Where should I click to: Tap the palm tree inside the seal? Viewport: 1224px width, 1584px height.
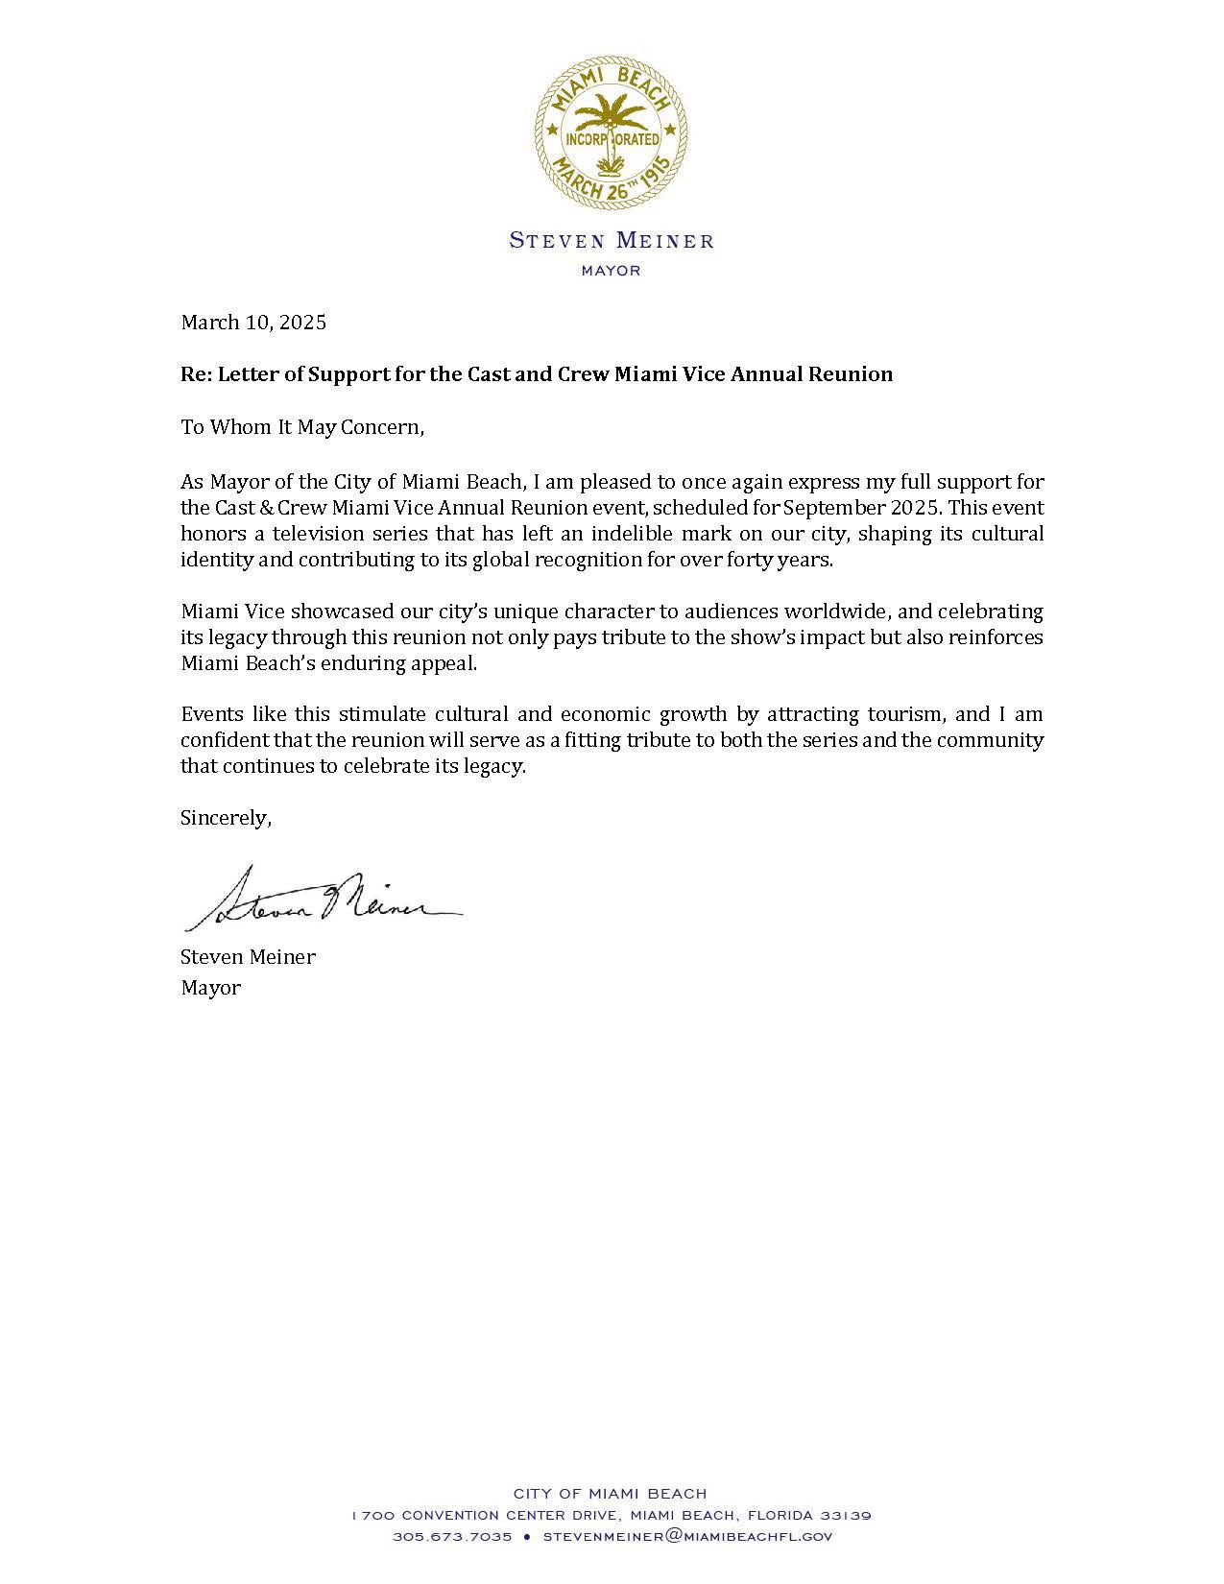coord(612,120)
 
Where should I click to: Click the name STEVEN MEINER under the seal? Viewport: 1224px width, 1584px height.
coord(612,241)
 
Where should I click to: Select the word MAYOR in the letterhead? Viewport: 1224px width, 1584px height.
coord(612,271)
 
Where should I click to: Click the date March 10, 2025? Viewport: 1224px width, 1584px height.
coord(253,323)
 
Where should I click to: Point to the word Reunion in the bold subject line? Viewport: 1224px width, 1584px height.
coord(852,374)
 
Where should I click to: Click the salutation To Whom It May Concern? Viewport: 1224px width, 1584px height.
coord(302,427)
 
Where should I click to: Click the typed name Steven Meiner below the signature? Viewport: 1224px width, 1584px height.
coord(248,957)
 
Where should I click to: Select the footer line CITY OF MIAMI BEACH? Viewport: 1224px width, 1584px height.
coord(611,1494)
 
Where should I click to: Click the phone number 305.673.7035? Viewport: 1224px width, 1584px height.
coord(451,1537)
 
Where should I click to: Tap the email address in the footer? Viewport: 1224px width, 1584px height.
coord(687,1537)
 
